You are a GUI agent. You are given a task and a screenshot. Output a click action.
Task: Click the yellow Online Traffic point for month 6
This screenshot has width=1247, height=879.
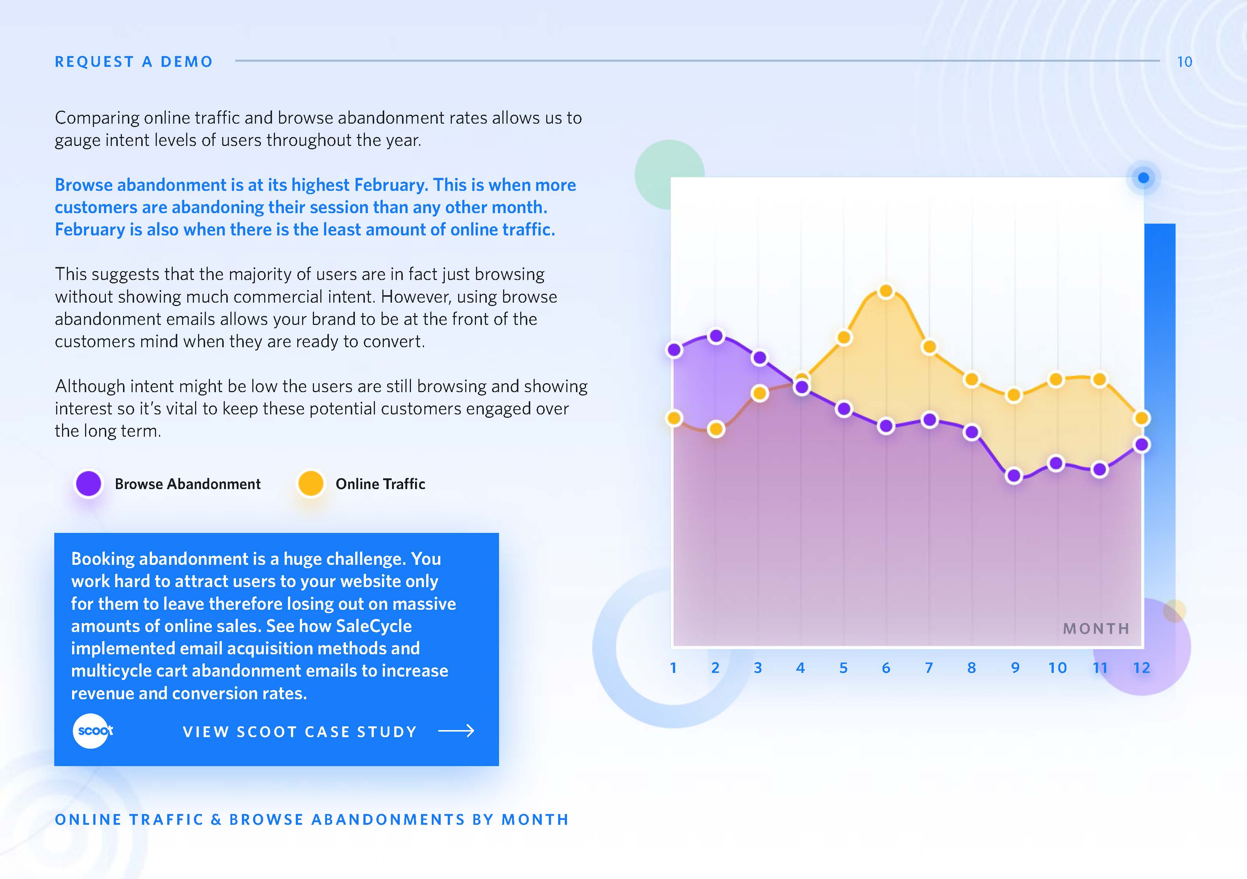tap(886, 291)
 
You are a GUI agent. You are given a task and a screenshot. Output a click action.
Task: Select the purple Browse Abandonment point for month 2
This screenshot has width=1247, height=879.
tap(716, 336)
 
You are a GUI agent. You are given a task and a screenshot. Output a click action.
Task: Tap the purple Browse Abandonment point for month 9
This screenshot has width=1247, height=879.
tap(1013, 476)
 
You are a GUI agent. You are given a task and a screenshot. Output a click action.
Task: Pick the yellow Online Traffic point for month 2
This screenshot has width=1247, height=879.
tap(716, 429)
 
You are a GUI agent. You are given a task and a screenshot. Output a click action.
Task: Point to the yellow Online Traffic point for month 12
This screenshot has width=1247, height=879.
tap(1141, 418)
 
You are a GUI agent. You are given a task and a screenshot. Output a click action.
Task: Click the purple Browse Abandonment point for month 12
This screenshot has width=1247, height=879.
tap(1141, 445)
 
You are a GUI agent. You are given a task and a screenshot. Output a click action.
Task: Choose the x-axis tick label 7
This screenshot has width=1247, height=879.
tap(929, 668)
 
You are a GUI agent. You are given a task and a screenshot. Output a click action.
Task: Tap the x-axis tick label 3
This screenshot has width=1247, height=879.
tap(758, 668)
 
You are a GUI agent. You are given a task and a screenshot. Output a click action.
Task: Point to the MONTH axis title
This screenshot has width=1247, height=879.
tap(1096, 629)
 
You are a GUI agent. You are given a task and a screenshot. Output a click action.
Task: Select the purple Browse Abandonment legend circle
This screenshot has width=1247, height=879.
tap(88, 483)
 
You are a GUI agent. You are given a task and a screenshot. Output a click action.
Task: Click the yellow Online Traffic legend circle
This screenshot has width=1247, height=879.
tap(311, 483)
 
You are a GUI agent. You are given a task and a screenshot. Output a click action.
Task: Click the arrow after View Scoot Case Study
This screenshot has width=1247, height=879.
tap(456, 731)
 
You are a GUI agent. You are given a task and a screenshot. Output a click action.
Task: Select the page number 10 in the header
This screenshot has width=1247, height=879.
tap(1185, 62)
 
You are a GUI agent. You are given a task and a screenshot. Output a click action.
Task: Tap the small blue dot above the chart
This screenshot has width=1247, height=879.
tap(1143, 178)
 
